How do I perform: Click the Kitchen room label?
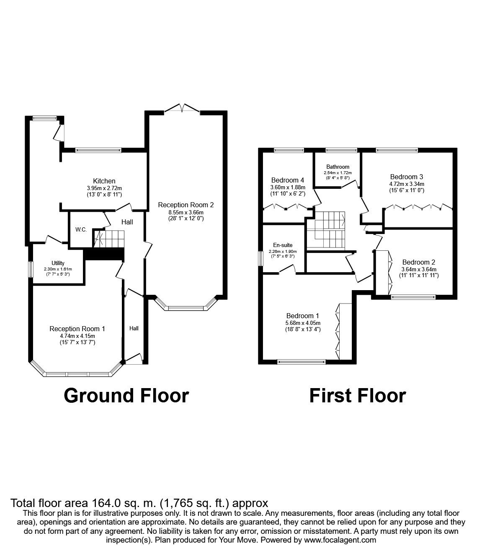104,181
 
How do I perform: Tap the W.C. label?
80,230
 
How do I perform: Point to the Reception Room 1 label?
77,329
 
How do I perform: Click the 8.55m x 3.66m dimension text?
186,212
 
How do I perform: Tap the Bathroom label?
338,167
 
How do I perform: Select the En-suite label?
283,245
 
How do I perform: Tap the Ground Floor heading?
126,395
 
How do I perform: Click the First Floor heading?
357,395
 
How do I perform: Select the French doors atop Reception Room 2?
182,110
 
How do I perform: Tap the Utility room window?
31,269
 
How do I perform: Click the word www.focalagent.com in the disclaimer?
340,540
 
